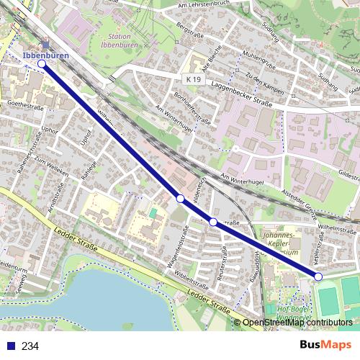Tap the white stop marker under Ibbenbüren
click(42, 64)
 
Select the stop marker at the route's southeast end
click(318, 276)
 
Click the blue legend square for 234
click(10, 346)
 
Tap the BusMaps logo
click(325, 346)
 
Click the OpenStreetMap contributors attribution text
click(297, 322)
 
